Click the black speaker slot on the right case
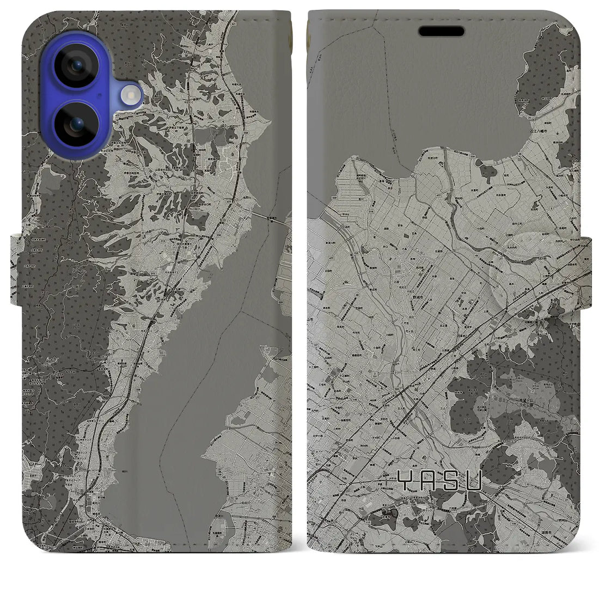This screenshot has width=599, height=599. pyautogui.click(x=441, y=32)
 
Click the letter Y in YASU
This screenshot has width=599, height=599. pyautogui.click(x=405, y=481)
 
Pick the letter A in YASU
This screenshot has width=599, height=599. pyautogui.click(x=430, y=481)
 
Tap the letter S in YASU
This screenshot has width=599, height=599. pyautogui.click(x=452, y=481)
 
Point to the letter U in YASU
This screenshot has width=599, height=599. pyautogui.click(x=475, y=481)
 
